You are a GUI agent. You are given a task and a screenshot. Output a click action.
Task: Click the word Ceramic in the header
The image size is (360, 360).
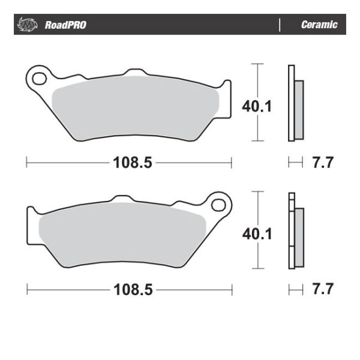(319, 25)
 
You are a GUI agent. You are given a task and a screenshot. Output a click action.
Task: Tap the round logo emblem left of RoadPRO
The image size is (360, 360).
(27, 25)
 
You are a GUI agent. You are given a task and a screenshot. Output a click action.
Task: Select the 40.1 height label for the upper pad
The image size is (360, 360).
(257, 107)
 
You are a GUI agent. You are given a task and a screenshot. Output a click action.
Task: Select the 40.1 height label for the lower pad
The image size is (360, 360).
(257, 233)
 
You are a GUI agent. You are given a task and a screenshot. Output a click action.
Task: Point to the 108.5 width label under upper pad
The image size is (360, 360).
(130, 162)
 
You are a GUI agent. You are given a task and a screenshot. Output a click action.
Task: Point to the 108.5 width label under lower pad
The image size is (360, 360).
(130, 290)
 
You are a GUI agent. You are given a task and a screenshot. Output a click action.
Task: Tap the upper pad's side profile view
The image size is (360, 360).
(295, 103)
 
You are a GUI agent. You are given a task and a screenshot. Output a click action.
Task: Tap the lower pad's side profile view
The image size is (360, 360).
(295, 232)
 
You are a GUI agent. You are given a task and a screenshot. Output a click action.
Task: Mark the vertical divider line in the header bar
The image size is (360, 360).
(280, 25)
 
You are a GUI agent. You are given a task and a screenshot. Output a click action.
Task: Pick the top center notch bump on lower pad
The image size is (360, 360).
(122, 198)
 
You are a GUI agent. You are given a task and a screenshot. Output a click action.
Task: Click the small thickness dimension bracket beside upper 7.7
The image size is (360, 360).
(295, 162)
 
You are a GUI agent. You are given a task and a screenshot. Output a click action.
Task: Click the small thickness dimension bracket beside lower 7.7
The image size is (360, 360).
(295, 290)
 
